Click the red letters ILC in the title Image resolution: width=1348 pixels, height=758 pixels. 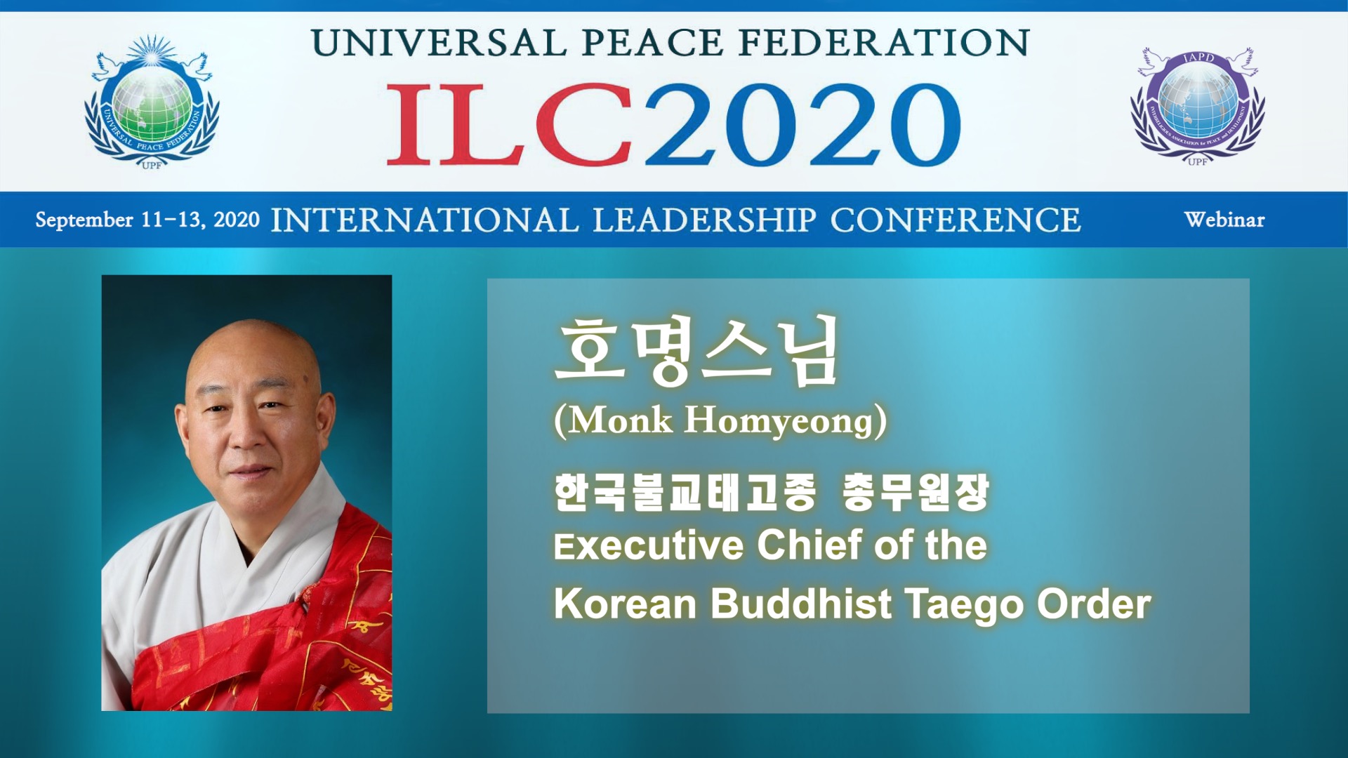[510, 124]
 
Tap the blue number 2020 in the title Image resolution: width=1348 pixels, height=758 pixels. [802, 125]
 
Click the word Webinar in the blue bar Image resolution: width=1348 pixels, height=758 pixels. [1224, 220]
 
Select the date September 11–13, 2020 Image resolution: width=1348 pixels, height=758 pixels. [147, 220]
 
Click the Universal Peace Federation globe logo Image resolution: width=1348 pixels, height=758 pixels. [152, 102]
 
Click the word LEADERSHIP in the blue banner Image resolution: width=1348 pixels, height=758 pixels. [704, 220]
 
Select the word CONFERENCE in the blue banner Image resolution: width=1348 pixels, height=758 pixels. [956, 220]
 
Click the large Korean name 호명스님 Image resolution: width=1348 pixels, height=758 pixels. [697, 350]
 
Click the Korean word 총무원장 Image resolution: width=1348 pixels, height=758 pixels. [916, 492]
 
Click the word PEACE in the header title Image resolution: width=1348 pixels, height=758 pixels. [652, 43]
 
